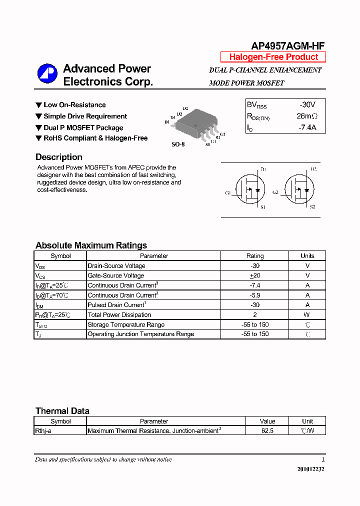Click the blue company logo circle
47,74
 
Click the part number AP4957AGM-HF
288,46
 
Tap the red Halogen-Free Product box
273,57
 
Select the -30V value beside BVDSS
307,105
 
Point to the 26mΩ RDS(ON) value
307,116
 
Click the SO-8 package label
178,144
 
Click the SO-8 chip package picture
195,123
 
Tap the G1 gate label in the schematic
228,192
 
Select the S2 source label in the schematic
312,207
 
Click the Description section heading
59,157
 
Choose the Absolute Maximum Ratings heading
91,245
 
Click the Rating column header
255,256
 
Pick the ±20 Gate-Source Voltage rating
255,275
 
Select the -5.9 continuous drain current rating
255,295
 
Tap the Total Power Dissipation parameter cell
119,315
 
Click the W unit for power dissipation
307,315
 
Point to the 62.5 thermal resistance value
267,430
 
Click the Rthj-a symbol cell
43,430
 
